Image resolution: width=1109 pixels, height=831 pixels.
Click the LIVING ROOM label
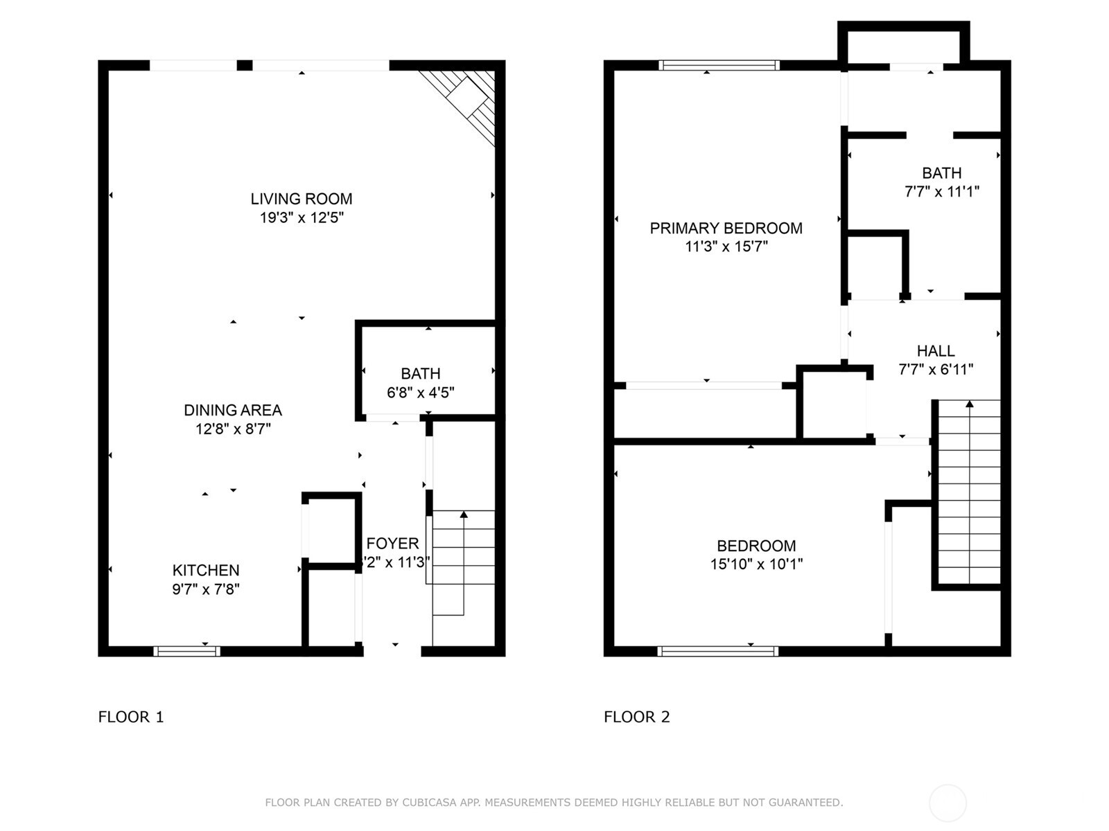click(x=301, y=199)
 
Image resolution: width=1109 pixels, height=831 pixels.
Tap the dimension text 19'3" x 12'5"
click(x=301, y=217)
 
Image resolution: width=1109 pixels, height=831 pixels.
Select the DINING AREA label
click(x=232, y=410)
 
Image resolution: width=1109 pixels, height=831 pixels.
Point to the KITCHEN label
click(x=206, y=570)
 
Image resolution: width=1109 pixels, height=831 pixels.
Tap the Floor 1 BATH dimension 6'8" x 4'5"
click(x=420, y=393)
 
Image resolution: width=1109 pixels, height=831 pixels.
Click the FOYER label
click(x=392, y=544)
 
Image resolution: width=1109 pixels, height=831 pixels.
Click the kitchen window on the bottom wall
click(x=186, y=651)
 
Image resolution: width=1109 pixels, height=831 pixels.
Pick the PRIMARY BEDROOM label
click(x=726, y=228)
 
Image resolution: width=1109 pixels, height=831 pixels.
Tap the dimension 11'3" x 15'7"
click(x=726, y=247)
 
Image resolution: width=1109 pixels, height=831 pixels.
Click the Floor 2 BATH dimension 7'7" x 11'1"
click(x=941, y=192)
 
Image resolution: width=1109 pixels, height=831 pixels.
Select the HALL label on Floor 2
click(x=936, y=351)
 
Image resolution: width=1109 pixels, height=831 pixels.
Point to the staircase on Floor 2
click(x=969, y=492)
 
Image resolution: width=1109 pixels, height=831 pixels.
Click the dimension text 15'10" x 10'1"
click(x=756, y=564)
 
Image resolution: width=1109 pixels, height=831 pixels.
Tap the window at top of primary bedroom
click(x=719, y=65)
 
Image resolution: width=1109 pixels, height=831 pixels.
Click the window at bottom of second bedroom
click(x=717, y=651)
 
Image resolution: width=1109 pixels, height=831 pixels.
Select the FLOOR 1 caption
click(x=131, y=717)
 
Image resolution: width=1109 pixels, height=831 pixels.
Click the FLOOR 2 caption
click(x=636, y=717)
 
